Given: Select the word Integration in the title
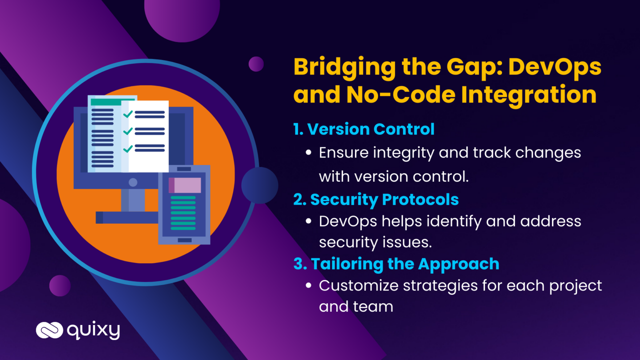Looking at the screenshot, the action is click(529, 95).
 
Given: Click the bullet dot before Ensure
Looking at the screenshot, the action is click(308, 152).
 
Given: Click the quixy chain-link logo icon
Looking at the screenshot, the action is click(50, 330).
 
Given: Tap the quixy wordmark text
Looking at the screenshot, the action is click(93, 331).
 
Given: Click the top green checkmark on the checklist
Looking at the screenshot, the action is click(128, 114).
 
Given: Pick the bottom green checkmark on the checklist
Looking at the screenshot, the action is click(128, 149).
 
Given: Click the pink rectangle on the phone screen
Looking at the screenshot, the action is click(185, 185).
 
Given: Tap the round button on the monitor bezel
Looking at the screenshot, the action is click(133, 182).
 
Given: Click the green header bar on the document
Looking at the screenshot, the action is click(112, 102).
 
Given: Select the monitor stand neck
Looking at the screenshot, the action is click(132, 200).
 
